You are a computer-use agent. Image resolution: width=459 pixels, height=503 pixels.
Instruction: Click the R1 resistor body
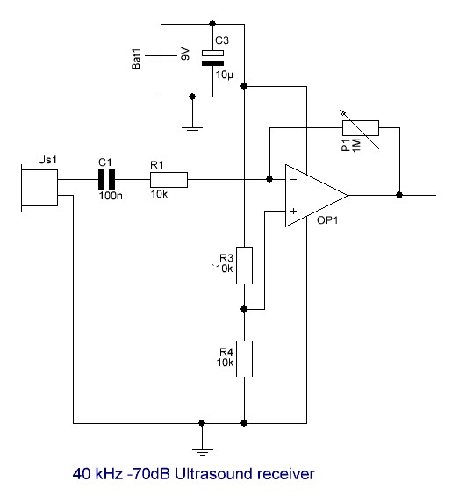click(x=169, y=180)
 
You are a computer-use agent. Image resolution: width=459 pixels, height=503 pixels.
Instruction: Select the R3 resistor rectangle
click(x=244, y=265)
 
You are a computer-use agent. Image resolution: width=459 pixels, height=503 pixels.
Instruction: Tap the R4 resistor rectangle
click(x=244, y=359)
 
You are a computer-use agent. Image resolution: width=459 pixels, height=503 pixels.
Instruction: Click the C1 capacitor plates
click(x=106, y=180)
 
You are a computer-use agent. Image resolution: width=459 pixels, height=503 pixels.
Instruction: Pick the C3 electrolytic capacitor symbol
click(x=212, y=58)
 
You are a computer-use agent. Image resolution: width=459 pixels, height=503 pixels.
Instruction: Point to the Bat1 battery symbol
click(x=161, y=58)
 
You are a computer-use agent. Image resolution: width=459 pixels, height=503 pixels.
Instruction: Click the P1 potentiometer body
click(x=361, y=128)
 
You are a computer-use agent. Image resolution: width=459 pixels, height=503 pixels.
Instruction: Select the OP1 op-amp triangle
click(x=316, y=196)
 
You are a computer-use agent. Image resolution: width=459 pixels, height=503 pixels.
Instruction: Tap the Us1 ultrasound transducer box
click(x=39, y=188)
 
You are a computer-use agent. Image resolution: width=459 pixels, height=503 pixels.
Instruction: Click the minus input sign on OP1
click(x=293, y=180)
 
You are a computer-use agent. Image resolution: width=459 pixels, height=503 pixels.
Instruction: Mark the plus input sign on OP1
click(x=293, y=211)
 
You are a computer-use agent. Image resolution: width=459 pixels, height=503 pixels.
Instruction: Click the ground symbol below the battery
click(x=192, y=130)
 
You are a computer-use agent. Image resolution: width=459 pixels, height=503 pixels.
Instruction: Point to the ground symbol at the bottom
click(x=203, y=452)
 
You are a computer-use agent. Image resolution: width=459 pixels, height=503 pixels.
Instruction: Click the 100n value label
click(x=111, y=196)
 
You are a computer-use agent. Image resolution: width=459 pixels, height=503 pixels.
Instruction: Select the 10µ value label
click(x=225, y=75)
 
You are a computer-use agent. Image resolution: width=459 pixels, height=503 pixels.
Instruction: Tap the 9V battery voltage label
click(x=185, y=54)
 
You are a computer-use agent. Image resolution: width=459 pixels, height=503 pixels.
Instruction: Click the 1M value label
click(x=356, y=146)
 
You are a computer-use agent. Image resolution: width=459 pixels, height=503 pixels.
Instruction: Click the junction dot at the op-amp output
click(x=399, y=195)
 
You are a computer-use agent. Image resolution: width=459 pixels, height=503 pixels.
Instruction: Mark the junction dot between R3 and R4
click(x=244, y=309)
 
